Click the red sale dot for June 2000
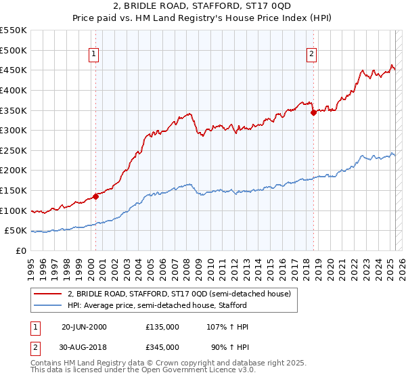(x=95, y=196)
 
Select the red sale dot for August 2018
(x=313, y=113)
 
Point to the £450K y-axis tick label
(x=14, y=70)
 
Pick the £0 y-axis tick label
(x=22, y=251)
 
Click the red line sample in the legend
(x=48, y=294)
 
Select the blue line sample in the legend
(x=48, y=306)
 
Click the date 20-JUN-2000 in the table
(x=84, y=327)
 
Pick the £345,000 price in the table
(x=162, y=349)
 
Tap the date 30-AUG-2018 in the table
(x=84, y=349)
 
